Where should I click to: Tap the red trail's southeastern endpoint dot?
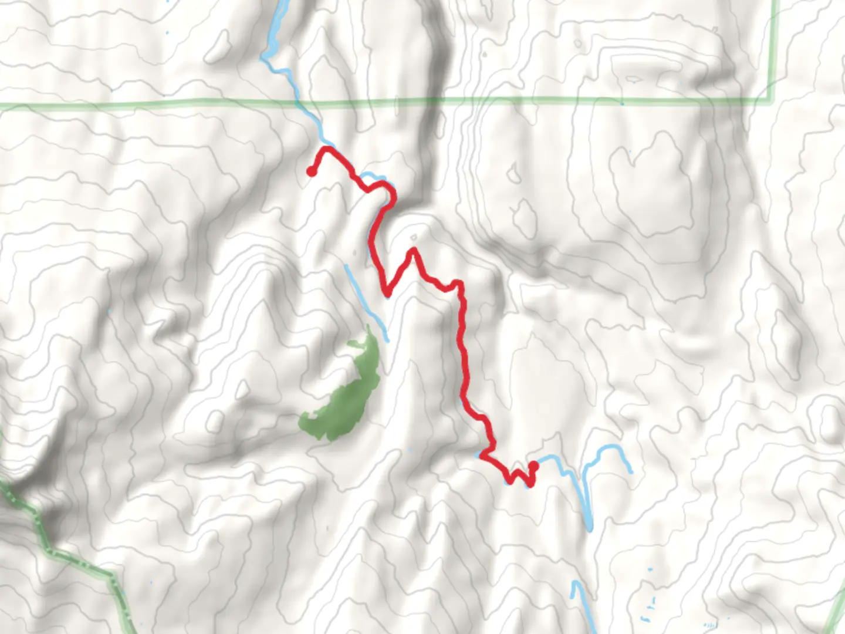533,466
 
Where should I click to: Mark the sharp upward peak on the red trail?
414,251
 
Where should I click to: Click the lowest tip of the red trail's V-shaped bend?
387,293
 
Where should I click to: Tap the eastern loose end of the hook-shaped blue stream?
631,471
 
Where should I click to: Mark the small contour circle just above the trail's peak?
414,238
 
